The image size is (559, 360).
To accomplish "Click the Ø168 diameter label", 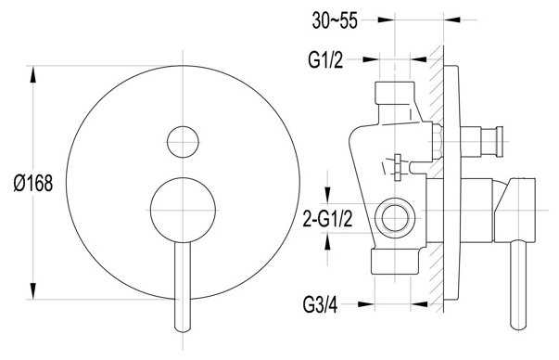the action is [x=33, y=184].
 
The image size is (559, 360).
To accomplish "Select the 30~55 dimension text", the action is [x=335, y=20].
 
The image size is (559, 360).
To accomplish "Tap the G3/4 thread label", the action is [x=320, y=304].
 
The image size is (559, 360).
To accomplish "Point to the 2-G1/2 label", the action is [x=327, y=218].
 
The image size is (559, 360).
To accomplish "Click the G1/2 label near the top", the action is [x=325, y=59].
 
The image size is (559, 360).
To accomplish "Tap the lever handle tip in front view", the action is [x=183, y=330].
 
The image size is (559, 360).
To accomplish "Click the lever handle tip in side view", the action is [x=518, y=328].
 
